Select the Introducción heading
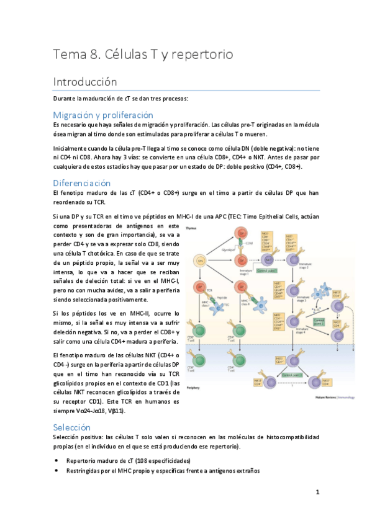pyautogui.click(x=84, y=81)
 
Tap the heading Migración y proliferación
pyautogui.click(x=102, y=115)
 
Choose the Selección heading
pyautogui.click(x=72, y=427)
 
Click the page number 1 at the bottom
pyautogui.click(x=317, y=493)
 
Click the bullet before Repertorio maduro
pyautogui.click(x=57, y=461)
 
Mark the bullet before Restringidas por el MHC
pyautogui.click(x=57, y=471)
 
